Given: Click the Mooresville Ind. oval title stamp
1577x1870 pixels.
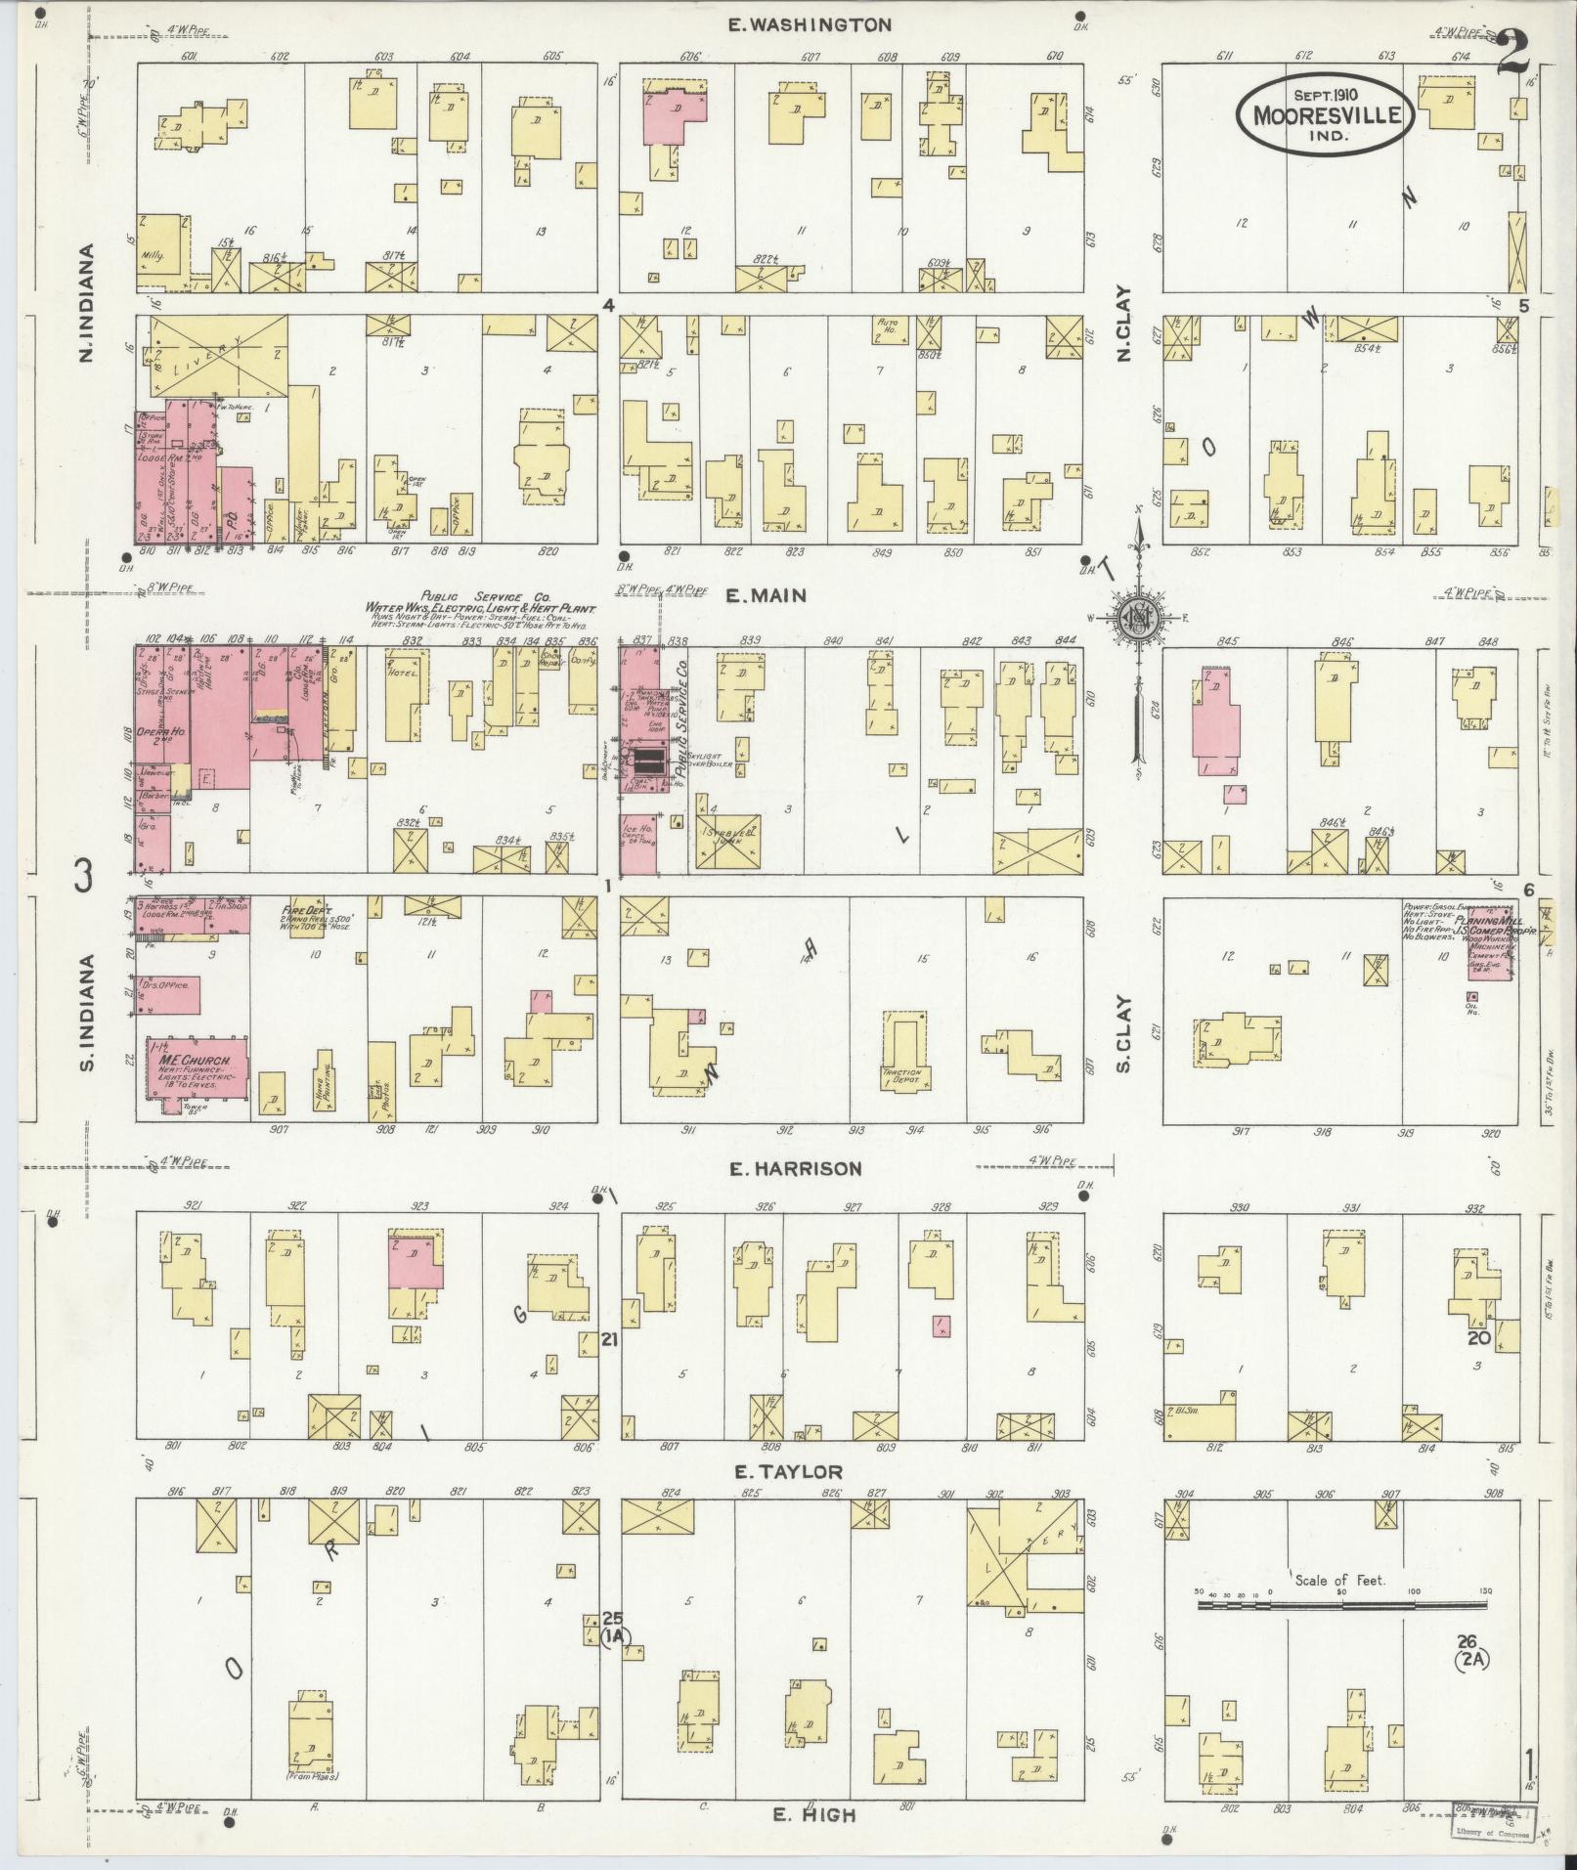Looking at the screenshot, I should [x=1325, y=115].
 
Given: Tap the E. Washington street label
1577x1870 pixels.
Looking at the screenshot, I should [x=810, y=25].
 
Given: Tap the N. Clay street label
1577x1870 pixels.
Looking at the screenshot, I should [x=1123, y=324].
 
